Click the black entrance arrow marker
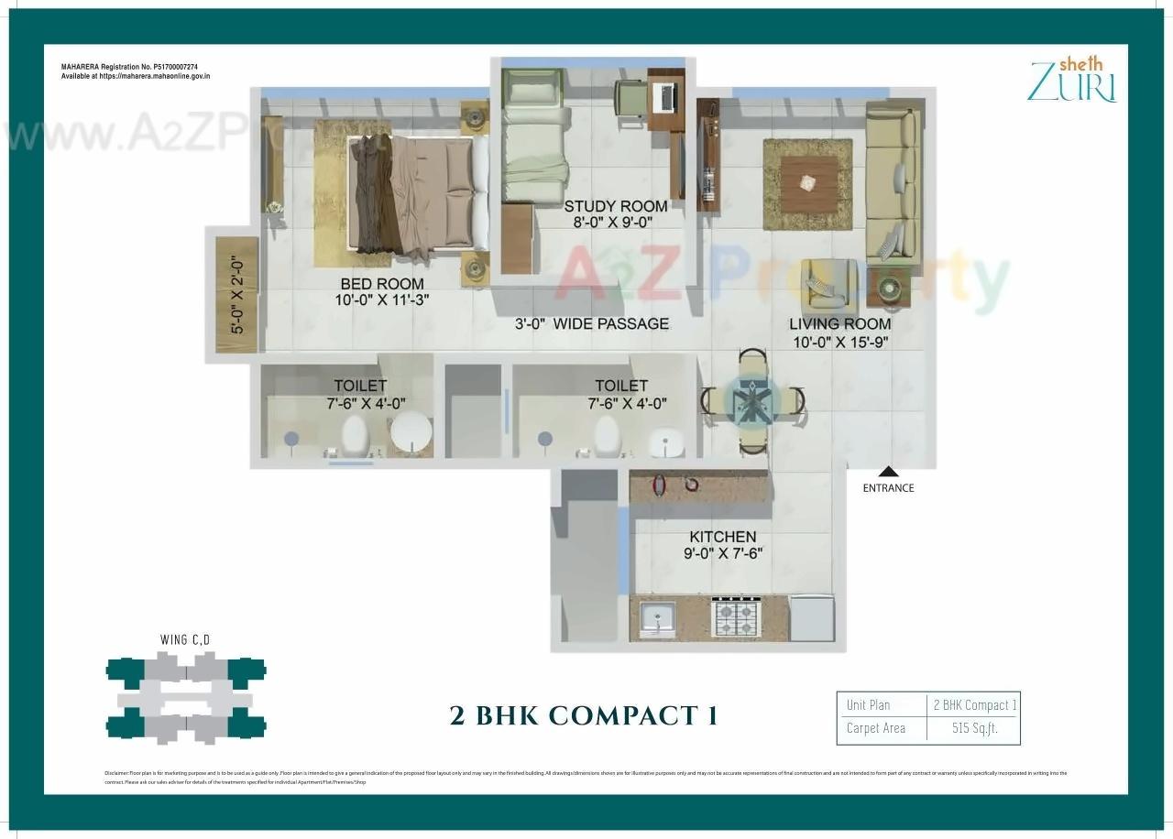tap(887, 473)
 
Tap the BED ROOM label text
tap(382, 284)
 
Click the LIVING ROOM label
tap(840, 324)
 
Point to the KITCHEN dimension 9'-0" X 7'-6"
tap(723, 553)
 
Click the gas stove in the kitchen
tap(736, 616)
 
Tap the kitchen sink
tap(657, 617)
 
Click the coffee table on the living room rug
tap(807, 182)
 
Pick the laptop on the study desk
tap(664, 94)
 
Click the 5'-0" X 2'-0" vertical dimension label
tap(237, 294)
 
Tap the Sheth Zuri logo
tap(1071, 79)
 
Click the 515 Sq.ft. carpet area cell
tap(974, 728)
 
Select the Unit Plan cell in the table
tap(868, 705)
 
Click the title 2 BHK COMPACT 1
tap(584, 715)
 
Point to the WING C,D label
tap(186, 639)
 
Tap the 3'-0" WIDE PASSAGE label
tap(591, 324)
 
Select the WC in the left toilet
tap(356, 436)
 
